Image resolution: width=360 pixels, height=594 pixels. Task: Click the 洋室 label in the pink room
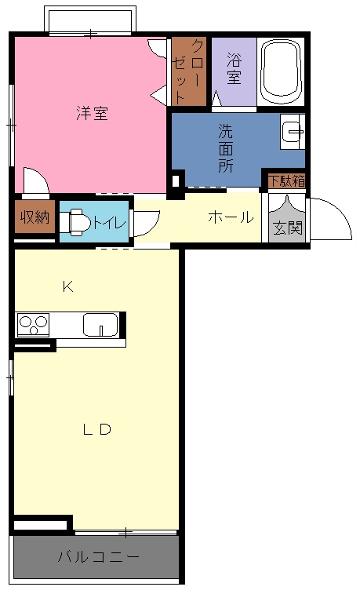[x=93, y=113]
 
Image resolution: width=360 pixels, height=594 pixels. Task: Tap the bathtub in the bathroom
[x=281, y=71]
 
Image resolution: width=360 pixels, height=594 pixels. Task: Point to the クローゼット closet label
[x=188, y=71]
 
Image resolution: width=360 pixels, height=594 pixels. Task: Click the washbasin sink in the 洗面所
[x=293, y=132]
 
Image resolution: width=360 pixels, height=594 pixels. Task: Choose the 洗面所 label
[x=226, y=148]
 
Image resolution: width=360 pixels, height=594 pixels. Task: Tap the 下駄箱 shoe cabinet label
[x=286, y=180]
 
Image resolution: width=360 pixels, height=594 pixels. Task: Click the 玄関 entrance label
[x=288, y=228]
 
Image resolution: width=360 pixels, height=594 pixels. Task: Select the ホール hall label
[x=231, y=217]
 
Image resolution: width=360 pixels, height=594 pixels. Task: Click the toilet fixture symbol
[x=75, y=221]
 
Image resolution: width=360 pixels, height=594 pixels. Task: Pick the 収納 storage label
[x=35, y=217]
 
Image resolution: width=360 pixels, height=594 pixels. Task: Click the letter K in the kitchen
[x=67, y=287]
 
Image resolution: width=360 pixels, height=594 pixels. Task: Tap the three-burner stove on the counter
[x=33, y=325]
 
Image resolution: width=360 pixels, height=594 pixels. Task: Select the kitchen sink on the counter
[x=100, y=325]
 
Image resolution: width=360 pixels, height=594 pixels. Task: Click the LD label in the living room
[x=97, y=429]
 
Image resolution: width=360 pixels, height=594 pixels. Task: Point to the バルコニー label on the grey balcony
[x=98, y=557]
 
